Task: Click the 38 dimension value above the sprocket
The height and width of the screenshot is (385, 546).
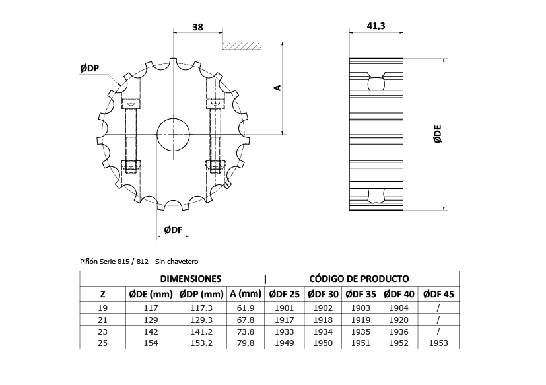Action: click(197, 27)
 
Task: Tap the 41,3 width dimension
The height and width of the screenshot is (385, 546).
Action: click(376, 26)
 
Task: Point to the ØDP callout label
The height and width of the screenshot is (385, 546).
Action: click(90, 68)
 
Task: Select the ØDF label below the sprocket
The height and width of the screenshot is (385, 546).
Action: click(173, 230)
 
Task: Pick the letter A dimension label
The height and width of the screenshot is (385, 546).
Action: click(278, 87)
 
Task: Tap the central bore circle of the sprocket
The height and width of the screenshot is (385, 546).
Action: click(173, 134)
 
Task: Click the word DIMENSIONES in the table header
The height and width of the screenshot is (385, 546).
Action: click(190, 279)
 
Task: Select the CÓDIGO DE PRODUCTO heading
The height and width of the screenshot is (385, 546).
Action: click(359, 279)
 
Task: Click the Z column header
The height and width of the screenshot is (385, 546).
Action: click(102, 293)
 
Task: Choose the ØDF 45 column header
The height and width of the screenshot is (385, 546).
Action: click(438, 293)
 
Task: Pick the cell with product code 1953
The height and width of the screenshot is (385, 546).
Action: click(438, 343)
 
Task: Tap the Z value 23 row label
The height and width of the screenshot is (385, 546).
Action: click(102, 332)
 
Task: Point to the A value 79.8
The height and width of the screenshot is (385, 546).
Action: click(245, 343)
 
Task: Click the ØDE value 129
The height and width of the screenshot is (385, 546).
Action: click(149, 320)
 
